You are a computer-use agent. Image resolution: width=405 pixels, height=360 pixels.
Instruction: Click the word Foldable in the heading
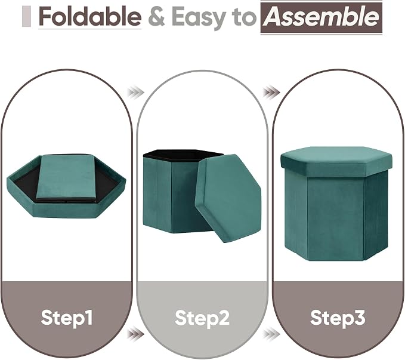pyautogui.click(x=90, y=17)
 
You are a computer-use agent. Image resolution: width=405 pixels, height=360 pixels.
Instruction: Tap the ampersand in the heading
pyautogui.click(x=156, y=17)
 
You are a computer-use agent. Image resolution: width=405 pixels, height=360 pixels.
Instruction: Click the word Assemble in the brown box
pyautogui.click(x=321, y=17)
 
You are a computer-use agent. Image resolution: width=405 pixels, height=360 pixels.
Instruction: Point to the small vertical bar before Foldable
pyautogui.click(x=27, y=17)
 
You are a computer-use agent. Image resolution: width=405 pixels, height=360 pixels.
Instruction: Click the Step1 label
pyautogui.click(x=66, y=318)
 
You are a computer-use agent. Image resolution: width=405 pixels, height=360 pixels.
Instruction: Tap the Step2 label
pyautogui.click(x=202, y=318)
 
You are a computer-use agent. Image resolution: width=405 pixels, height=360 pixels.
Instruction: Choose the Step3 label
pyautogui.click(x=338, y=318)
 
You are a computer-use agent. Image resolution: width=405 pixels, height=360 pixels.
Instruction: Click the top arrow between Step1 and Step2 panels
pyautogui.click(x=135, y=92)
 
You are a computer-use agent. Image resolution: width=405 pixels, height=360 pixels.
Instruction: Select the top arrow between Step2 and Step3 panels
pyautogui.click(x=271, y=92)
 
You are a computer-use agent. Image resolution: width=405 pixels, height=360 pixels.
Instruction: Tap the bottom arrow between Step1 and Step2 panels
pyautogui.click(x=135, y=334)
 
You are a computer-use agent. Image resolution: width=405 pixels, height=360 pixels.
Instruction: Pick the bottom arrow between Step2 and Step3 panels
pyautogui.click(x=271, y=334)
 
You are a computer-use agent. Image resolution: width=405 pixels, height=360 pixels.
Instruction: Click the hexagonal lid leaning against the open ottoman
pyautogui.click(x=228, y=198)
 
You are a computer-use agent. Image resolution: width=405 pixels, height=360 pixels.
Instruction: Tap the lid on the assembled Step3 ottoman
pyautogui.click(x=336, y=161)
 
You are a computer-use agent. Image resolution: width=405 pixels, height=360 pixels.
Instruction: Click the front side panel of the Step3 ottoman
pyautogui.click(x=336, y=219)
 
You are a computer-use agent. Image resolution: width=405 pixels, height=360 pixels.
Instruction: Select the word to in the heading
pyautogui.click(x=244, y=17)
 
